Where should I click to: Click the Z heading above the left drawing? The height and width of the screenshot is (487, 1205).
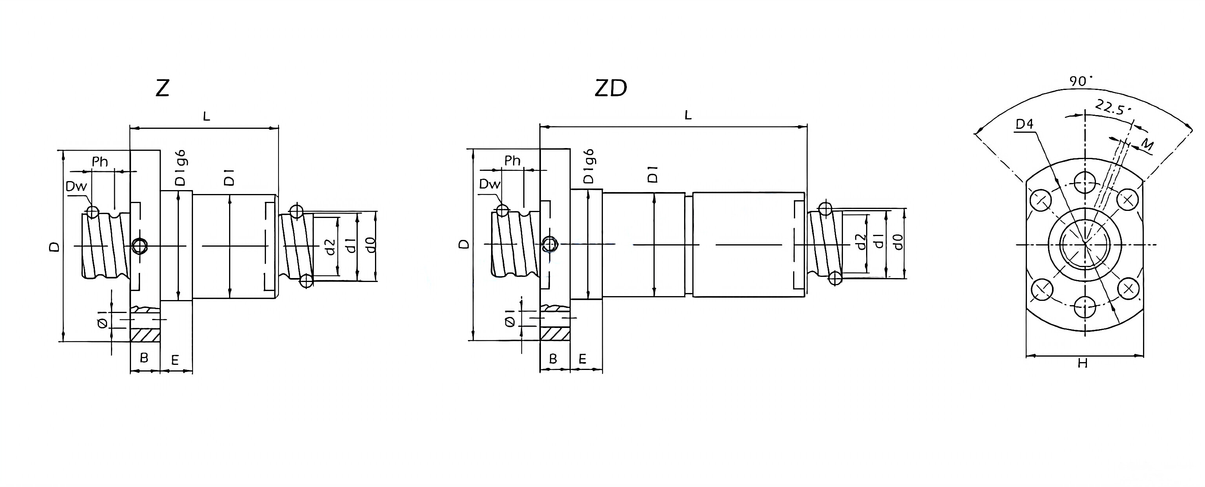(x=162, y=88)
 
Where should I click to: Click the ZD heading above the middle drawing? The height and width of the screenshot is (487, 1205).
(x=610, y=88)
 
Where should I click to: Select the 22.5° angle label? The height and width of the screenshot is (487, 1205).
(x=1112, y=109)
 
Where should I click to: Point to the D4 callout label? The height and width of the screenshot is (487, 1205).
(x=1025, y=124)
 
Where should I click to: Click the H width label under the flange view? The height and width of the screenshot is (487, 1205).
(x=1083, y=363)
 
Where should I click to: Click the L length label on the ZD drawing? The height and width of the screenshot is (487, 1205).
(x=688, y=115)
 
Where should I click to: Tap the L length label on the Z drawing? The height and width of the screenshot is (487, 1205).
(x=206, y=116)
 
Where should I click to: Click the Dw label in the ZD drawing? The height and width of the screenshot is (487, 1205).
(x=490, y=184)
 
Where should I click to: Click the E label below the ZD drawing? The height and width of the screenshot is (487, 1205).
(x=582, y=359)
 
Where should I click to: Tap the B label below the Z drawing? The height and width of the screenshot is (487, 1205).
(x=144, y=358)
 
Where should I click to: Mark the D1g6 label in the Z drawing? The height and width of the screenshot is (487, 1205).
(x=180, y=168)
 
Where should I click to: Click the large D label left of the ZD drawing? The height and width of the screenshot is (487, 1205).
(x=464, y=244)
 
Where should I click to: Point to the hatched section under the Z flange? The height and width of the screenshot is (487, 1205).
(x=145, y=336)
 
